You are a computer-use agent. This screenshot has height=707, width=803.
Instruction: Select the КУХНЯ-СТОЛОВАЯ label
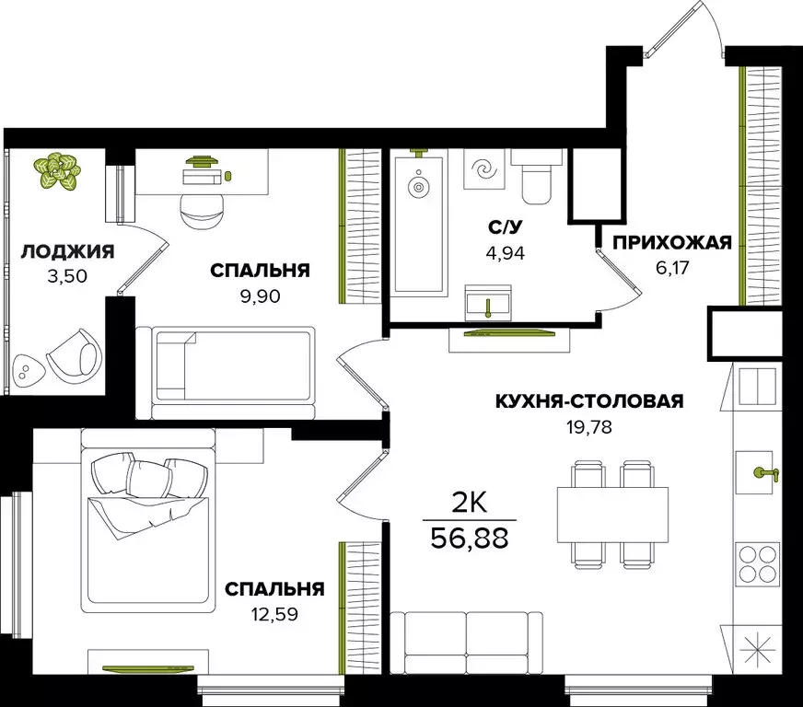coord(589,400)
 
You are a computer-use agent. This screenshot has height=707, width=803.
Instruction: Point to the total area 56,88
coord(471,537)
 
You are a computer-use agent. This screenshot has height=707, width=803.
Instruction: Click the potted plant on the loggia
coord(57,170)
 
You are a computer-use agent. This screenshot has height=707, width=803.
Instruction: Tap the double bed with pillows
coord(150,529)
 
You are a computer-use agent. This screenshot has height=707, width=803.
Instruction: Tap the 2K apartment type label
coord(471,502)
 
